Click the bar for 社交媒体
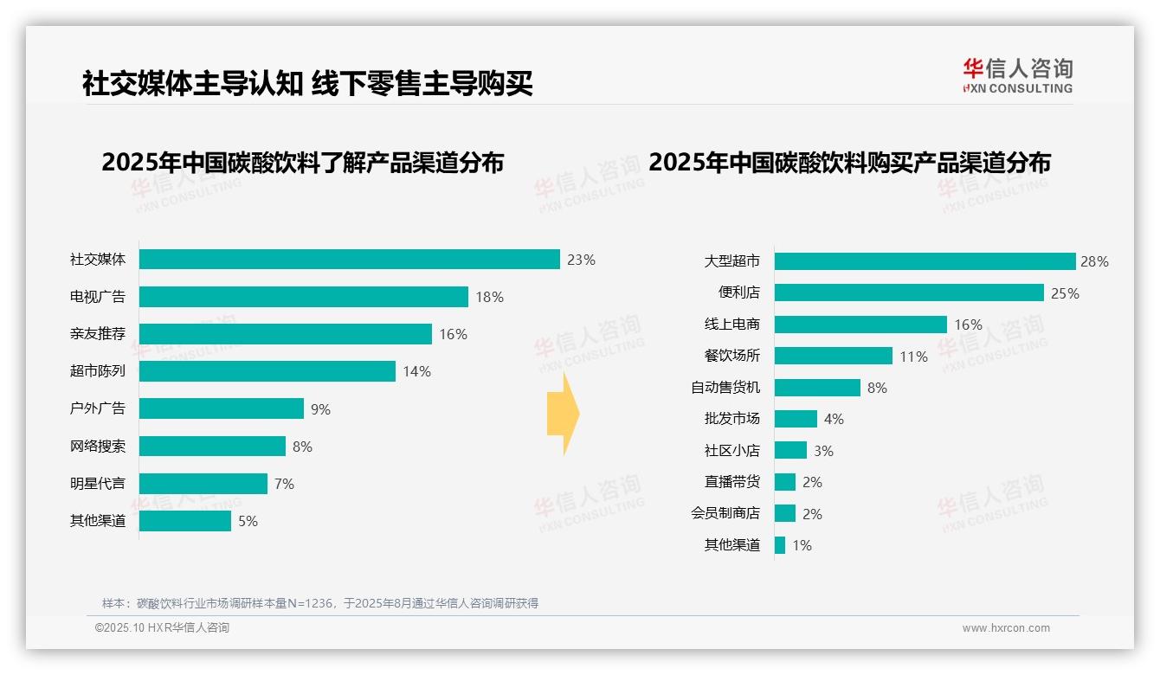click(349, 260)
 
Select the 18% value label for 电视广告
click(489, 297)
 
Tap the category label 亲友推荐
click(98, 334)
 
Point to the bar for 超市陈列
click(267, 371)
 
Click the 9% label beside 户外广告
click(320, 409)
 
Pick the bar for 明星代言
click(203, 484)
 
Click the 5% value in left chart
click(248, 521)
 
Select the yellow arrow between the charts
click(563, 414)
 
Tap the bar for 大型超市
click(924, 261)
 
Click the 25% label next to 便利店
click(1065, 293)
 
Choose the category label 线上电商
click(731, 325)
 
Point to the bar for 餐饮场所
click(833, 356)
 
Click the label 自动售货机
click(725, 388)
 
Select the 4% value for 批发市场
click(833, 419)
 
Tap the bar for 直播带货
click(784, 482)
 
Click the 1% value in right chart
click(802, 545)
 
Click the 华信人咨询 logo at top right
click(1017, 75)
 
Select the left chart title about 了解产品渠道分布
click(302, 163)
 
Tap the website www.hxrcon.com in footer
click(1006, 628)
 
